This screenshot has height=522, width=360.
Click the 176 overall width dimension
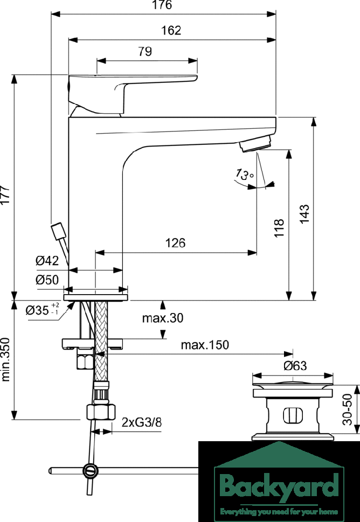[163, 5]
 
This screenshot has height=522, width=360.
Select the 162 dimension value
[171, 31]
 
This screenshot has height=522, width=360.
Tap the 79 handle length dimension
[145, 52]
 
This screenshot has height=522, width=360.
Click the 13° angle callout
[245, 175]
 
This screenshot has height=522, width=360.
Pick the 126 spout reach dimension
[176, 243]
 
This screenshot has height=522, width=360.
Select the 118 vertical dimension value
[279, 228]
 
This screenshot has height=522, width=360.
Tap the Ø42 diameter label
[47, 260]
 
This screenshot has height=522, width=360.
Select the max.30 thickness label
[163, 318]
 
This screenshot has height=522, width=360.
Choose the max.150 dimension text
[205, 345]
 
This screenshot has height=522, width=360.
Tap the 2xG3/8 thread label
[142, 422]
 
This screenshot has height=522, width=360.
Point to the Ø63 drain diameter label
[295, 366]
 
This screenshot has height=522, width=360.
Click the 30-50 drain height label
[348, 409]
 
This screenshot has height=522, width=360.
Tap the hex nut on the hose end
[101, 412]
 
